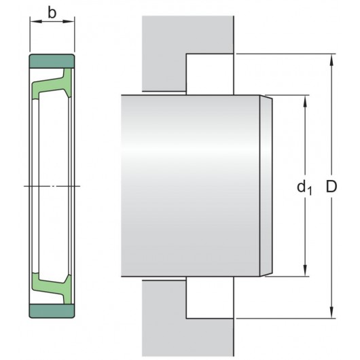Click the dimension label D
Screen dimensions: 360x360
tap(332, 186)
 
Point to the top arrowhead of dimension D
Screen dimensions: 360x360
tap(331, 58)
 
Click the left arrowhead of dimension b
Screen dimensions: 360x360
tap(33, 22)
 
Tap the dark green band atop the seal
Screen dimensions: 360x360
tap(52, 60)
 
